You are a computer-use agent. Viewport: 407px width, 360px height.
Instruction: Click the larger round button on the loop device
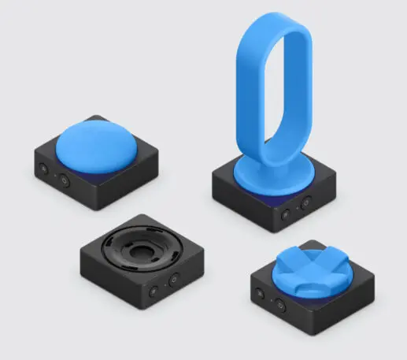click(287, 213)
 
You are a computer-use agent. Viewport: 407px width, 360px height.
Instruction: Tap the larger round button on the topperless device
click(175, 279)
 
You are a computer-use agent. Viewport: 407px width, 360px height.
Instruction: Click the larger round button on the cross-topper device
click(280, 306)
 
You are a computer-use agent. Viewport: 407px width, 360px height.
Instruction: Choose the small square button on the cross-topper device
click(261, 295)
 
